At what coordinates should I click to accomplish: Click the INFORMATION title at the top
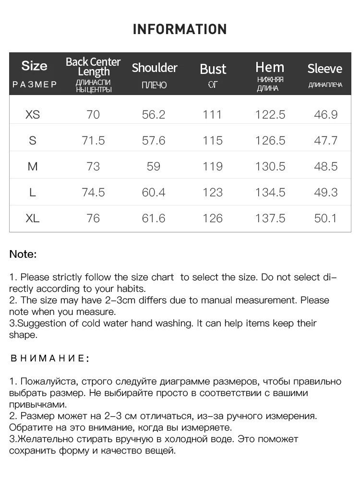180,29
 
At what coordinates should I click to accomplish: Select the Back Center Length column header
93,67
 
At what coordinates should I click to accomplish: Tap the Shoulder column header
155,68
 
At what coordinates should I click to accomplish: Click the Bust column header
213,69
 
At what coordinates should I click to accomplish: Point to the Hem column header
270,67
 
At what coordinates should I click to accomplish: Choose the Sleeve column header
325,69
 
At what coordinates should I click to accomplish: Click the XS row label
33,115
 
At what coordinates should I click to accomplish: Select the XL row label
33,218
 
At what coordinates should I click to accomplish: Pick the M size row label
33,167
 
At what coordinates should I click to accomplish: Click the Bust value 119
213,167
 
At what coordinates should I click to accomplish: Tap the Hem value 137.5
270,218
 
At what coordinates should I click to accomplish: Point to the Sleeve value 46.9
326,115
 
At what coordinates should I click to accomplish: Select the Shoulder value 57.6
154,141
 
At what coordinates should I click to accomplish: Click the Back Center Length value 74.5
93,192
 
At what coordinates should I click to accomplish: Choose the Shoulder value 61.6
154,218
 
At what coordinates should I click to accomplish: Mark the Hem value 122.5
270,115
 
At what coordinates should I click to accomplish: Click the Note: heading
23,254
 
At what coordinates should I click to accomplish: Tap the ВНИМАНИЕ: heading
49,359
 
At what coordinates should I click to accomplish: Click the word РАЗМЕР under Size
35,85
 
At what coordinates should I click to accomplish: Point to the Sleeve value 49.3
326,192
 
